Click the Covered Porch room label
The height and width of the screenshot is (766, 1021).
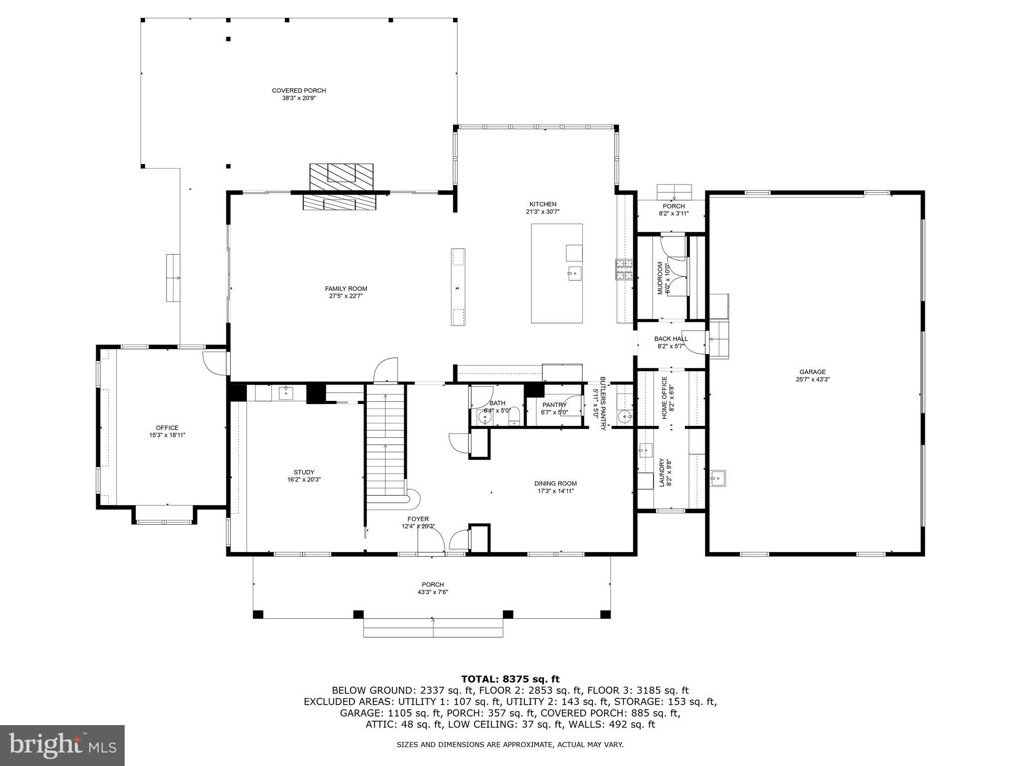click(x=299, y=90)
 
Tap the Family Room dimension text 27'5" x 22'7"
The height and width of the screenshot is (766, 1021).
click(x=346, y=296)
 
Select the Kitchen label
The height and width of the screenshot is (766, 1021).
click(x=542, y=204)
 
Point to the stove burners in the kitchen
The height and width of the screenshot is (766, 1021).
click(x=624, y=270)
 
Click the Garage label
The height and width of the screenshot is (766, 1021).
click(x=813, y=372)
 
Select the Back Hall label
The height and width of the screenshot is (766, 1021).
click(x=671, y=339)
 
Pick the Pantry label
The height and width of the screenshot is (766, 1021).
click(x=554, y=405)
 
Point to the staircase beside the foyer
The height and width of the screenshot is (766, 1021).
click(x=385, y=444)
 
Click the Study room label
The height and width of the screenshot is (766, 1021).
click(x=304, y=472)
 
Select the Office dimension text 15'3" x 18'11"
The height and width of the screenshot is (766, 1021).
click(x=167, y=435)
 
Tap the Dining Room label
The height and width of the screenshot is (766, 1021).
click(x=555, y=483)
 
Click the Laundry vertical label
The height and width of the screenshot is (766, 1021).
click(x=662, y=472)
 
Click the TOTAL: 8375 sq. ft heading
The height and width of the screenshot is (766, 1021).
click(x=510, y=679)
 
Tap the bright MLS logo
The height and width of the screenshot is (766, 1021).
click(x=62, y=745)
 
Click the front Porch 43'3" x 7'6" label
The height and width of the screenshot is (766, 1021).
click(x=432, y=584)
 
